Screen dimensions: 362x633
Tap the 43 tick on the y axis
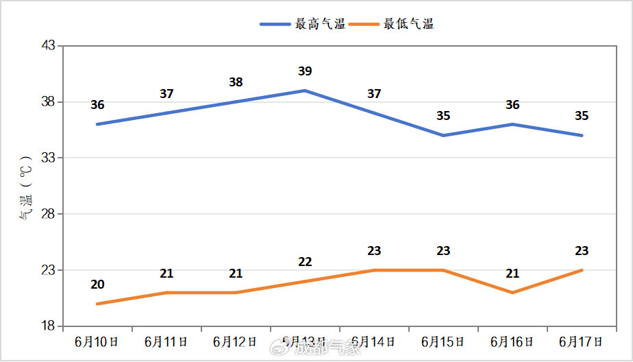[x=49, y=46]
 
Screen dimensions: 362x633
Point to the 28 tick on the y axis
[x=49, y=214]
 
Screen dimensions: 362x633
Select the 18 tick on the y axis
[x=49, y=326]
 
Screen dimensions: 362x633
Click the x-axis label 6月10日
[x=97, y=341]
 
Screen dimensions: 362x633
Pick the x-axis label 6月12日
[x=236, y=341]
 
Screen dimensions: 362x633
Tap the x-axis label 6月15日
[x=443, y=341]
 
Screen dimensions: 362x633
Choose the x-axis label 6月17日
[x=582, y=341]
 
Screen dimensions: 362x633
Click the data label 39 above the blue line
[x=305, y=71]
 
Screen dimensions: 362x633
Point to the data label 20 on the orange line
[x=97, y=285]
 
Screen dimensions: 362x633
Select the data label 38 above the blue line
[x=236, y=82]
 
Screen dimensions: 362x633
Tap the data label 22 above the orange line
[x=305, y=262]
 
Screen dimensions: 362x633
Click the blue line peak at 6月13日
[x=305, y=90]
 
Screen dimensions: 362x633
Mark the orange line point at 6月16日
[x=512, y=293]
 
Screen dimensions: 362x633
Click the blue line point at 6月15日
[x=443, y=135]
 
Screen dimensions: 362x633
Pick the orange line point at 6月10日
[x=97, y=304]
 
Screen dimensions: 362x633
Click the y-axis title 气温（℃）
[x=25, y=191]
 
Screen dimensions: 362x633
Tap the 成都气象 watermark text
[x=327, y=348]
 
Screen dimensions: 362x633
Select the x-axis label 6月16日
[x=512, y=341]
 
